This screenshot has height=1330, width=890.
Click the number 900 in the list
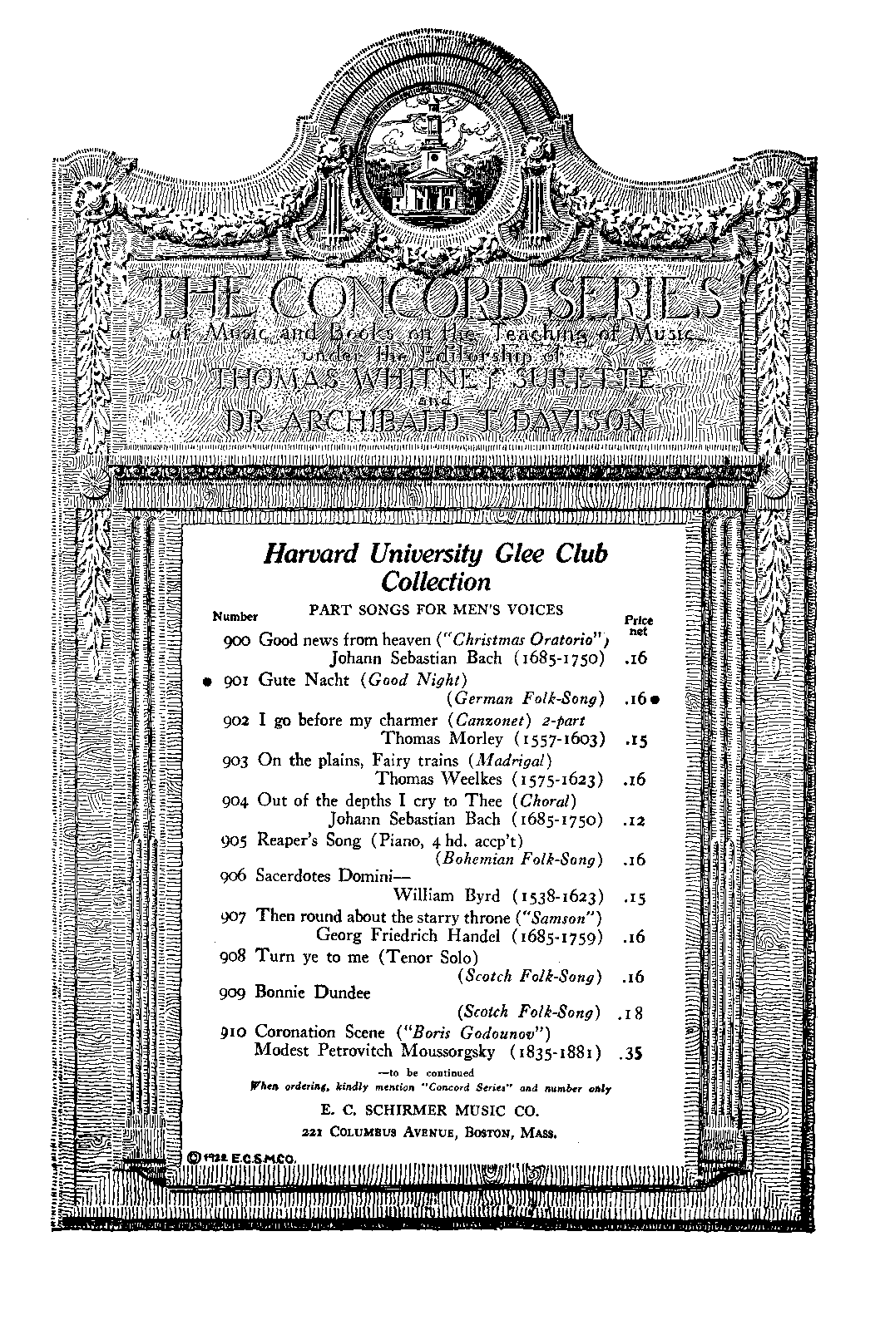click(238, 640)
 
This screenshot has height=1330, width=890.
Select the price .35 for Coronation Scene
click(632, 1053)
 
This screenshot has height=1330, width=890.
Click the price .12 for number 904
click(634, 820)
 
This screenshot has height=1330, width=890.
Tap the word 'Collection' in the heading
click(436, 581)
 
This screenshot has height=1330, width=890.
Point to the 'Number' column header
click(235, 617)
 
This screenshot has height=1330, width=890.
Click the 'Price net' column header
click(638, 625)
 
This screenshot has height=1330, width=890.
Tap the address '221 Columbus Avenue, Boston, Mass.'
click(429, 1131)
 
